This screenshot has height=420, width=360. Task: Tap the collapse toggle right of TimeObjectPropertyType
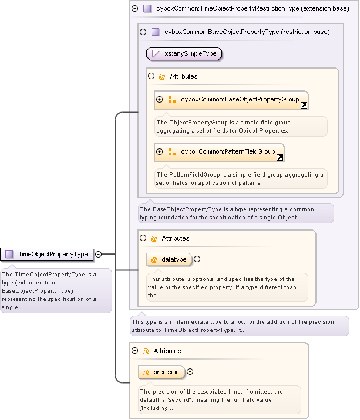pyautogui.click(x=99, y=254)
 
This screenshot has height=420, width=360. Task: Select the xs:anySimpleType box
pyautogui.click(x=184, y=53)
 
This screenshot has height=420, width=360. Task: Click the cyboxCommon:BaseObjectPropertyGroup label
pyautogui.click(x=240, y=100)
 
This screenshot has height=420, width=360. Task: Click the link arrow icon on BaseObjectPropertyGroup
pyautogui.click(x=304, y=106)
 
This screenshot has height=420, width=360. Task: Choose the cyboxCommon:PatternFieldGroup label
pyautogui.click(x=228, y=151)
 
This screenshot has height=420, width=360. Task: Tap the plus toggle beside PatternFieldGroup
pyautogui.click(x=159, y=151)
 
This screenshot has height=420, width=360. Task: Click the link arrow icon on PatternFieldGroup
pyautogui.click(x=280, y=157)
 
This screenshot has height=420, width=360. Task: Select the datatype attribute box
pyautogui.click(x=169, y=259)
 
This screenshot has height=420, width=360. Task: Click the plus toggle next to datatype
pyautogui.click(x=197, y=259)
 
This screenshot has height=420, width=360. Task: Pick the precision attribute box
pyautogui.click(x=162, y=372)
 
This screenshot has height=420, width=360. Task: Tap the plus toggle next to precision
pyautogui.click(x=190, y=372)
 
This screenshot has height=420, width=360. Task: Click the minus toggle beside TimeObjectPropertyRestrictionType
pyautogui.click(x=134, y=8)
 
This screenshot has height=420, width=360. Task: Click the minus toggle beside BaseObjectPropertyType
pyautogui.click(x=143, y=32)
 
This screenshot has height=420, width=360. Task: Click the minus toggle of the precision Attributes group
pyautogui.click(x=134, y=351)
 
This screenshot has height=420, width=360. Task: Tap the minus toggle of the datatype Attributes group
pyautogui.click(x=143, y=238)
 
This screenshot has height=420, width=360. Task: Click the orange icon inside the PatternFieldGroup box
pyautogui.click(x=172, y=151)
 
